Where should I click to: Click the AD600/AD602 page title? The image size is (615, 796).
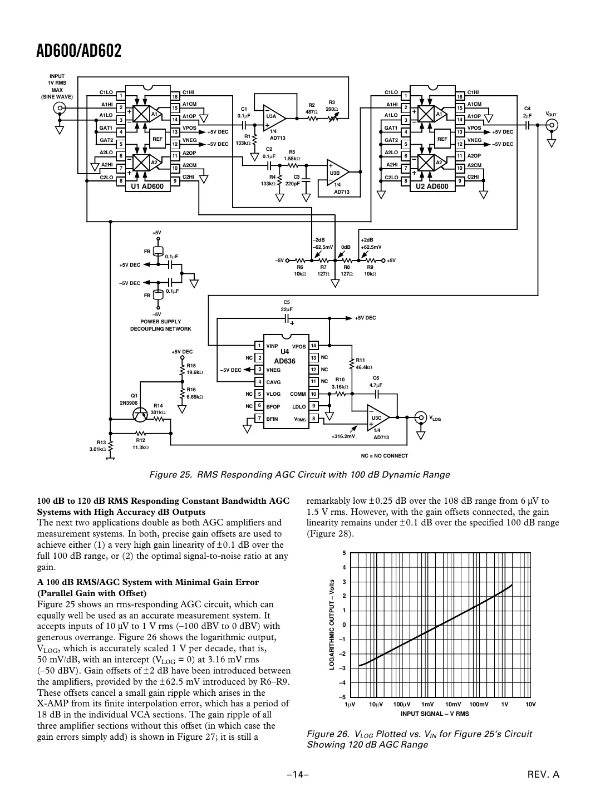79,52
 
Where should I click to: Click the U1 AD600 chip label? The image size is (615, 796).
147,186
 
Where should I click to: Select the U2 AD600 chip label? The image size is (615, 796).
432,186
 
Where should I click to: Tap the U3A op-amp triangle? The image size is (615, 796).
273,117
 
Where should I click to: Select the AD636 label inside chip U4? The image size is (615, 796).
284,361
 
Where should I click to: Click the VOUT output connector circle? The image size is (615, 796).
552,125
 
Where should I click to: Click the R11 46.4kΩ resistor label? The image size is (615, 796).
363,363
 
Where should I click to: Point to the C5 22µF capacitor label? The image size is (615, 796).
287,306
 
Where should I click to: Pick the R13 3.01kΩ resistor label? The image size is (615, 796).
97,446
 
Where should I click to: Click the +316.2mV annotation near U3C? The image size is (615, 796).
343,436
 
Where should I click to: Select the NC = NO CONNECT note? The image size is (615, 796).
384,456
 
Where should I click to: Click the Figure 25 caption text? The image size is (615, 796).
299,475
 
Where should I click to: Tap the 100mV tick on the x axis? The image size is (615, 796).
479,705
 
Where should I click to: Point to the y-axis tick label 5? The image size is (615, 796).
345,553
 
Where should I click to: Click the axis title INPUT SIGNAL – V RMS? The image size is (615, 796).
435,714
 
